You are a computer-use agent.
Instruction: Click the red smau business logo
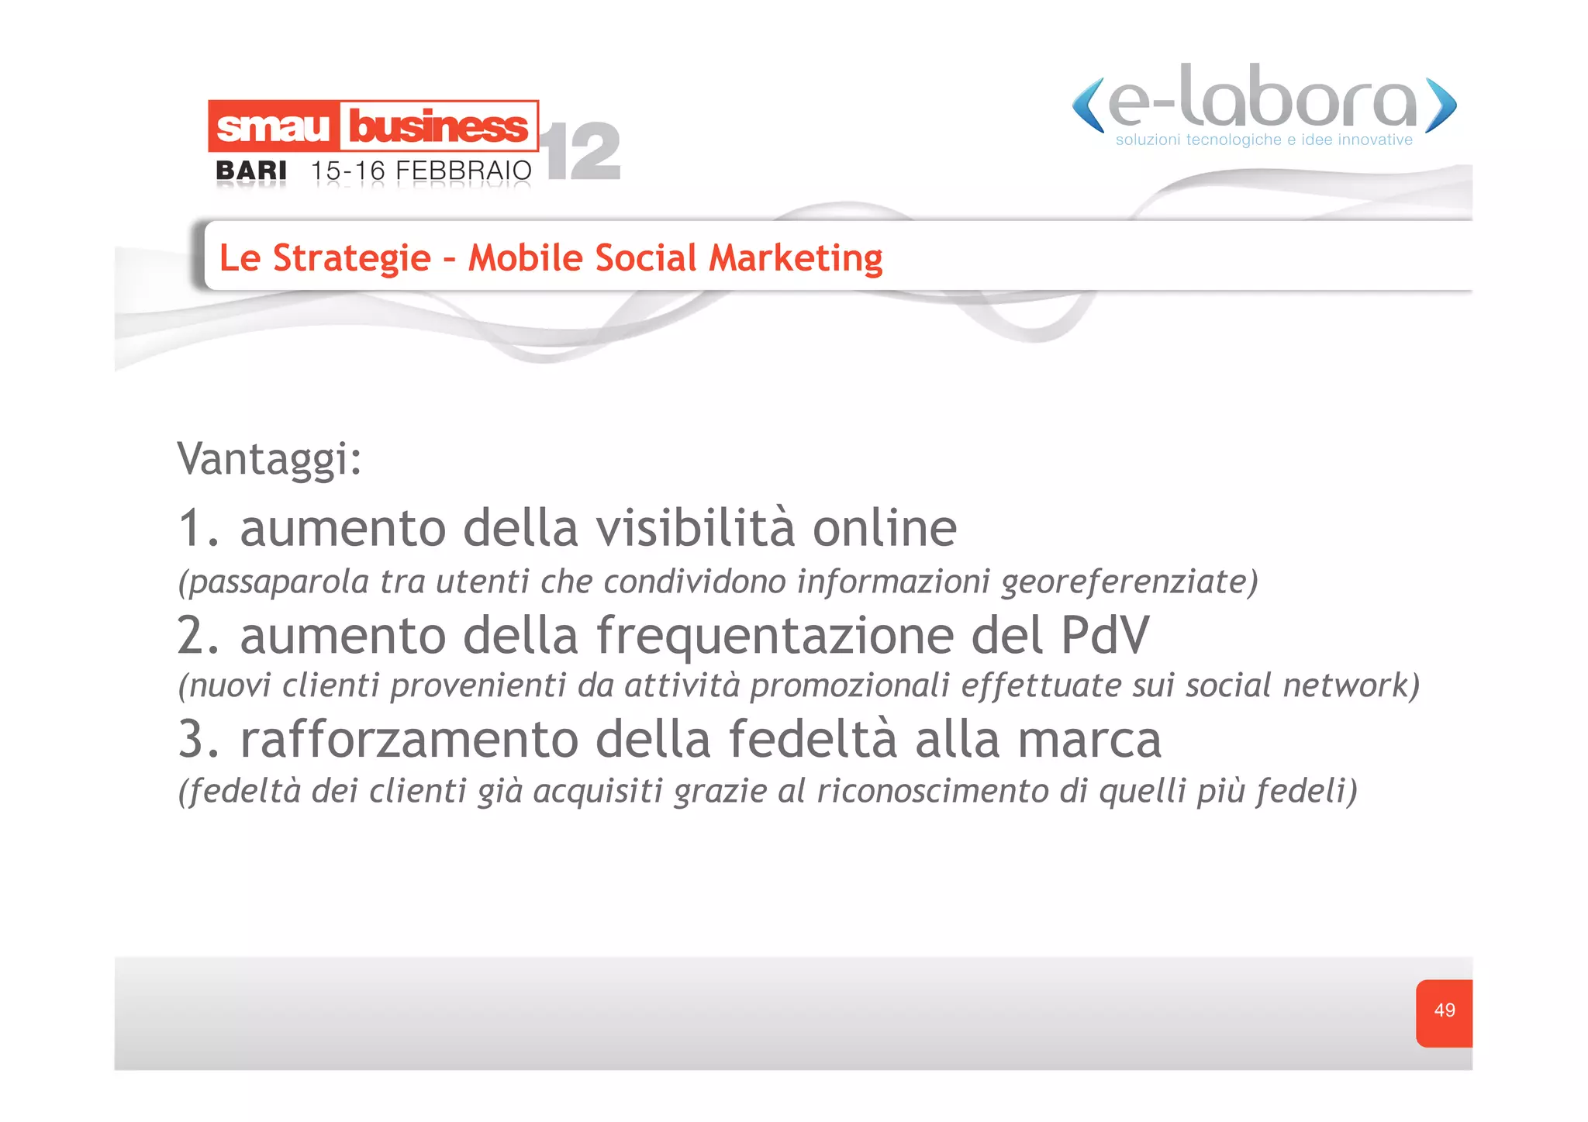(373, 126)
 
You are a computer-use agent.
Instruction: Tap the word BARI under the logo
(251, 171)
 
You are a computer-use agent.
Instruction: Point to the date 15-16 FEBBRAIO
(421, 171)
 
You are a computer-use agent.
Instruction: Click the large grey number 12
(583, 152)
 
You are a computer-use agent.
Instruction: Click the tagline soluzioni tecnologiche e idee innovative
(1264, 140)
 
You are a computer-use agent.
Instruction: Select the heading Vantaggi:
(269, 459)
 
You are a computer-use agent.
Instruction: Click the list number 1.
(192, 529)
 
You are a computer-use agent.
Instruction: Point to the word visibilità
(696, 529)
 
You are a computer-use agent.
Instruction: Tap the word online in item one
(884, 529)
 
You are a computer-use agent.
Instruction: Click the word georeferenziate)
(1130, 582)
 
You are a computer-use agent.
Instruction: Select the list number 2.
(192, 636)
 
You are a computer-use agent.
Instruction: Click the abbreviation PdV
(1105, 636)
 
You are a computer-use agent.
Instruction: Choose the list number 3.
(192, 739)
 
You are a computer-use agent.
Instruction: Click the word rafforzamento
(409, 739)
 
